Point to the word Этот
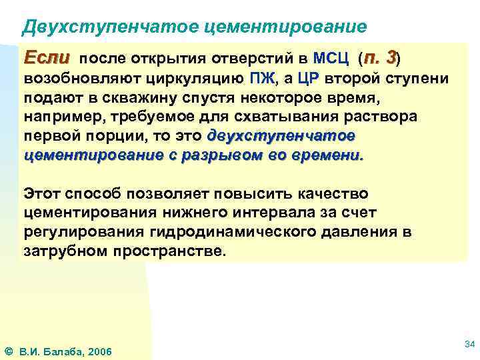41,193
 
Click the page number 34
468,344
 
